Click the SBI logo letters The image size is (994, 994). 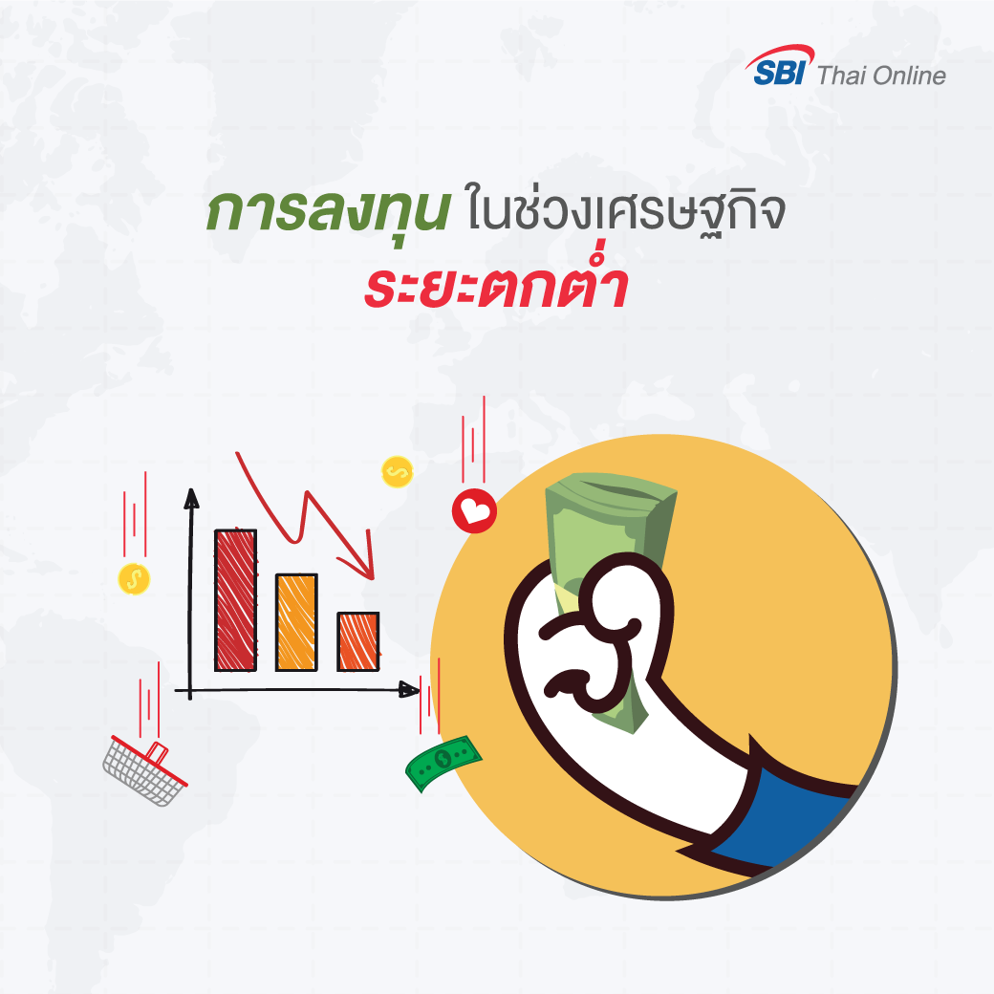779,73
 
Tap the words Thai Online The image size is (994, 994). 881,76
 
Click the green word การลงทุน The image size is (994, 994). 328,210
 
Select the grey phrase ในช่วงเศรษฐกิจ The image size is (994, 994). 626,211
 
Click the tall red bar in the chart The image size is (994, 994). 236,599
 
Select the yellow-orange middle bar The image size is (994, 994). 296,622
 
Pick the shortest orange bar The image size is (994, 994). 358,641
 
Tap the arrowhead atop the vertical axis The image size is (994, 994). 191,498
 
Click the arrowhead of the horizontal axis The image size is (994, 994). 409,689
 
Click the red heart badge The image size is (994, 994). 474,510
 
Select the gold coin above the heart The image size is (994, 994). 398,471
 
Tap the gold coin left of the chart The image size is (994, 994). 134,579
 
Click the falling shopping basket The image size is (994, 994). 145,771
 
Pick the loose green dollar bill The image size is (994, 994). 443,762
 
